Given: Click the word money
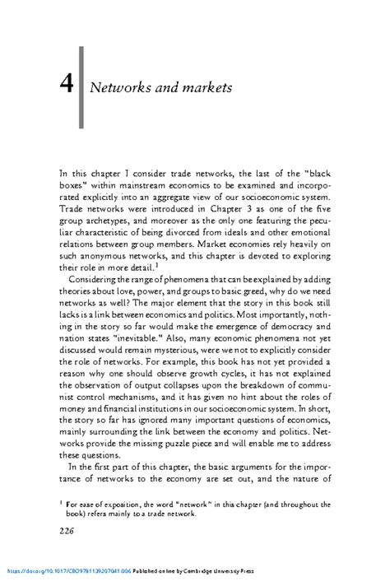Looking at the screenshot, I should tap(73, 384).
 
